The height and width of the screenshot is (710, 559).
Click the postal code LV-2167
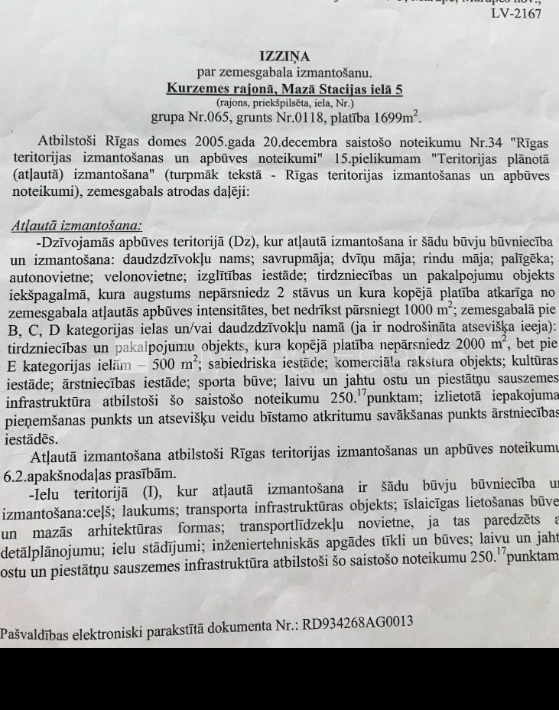click(x=515, y=14)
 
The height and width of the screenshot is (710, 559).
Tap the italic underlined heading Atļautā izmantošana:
click(x=76, y=226)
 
